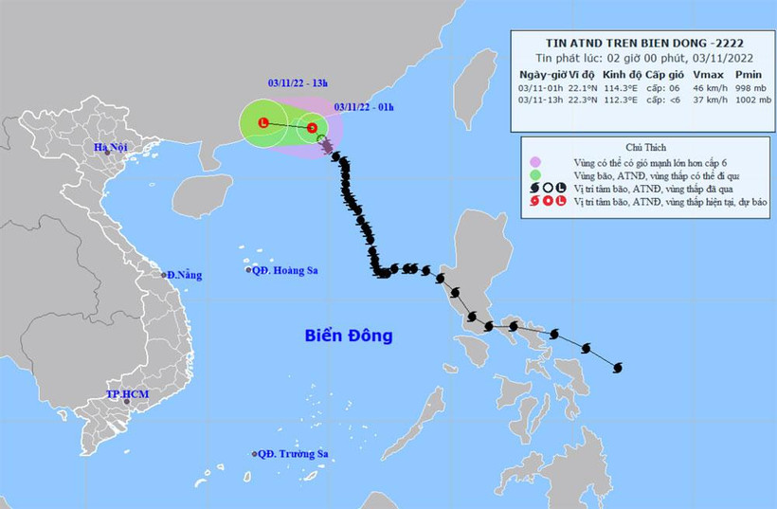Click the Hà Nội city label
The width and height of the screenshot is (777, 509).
[x=109, y=147]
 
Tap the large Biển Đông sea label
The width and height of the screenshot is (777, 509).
[x=349, y=336]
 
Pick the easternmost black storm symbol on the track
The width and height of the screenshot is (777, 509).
[x=619, y=367]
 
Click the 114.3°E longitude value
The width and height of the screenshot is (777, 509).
[x=618, y=87]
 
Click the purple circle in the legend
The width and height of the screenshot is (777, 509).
[x=535, y=162]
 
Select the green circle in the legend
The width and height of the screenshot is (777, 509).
[x=535, y=175]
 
